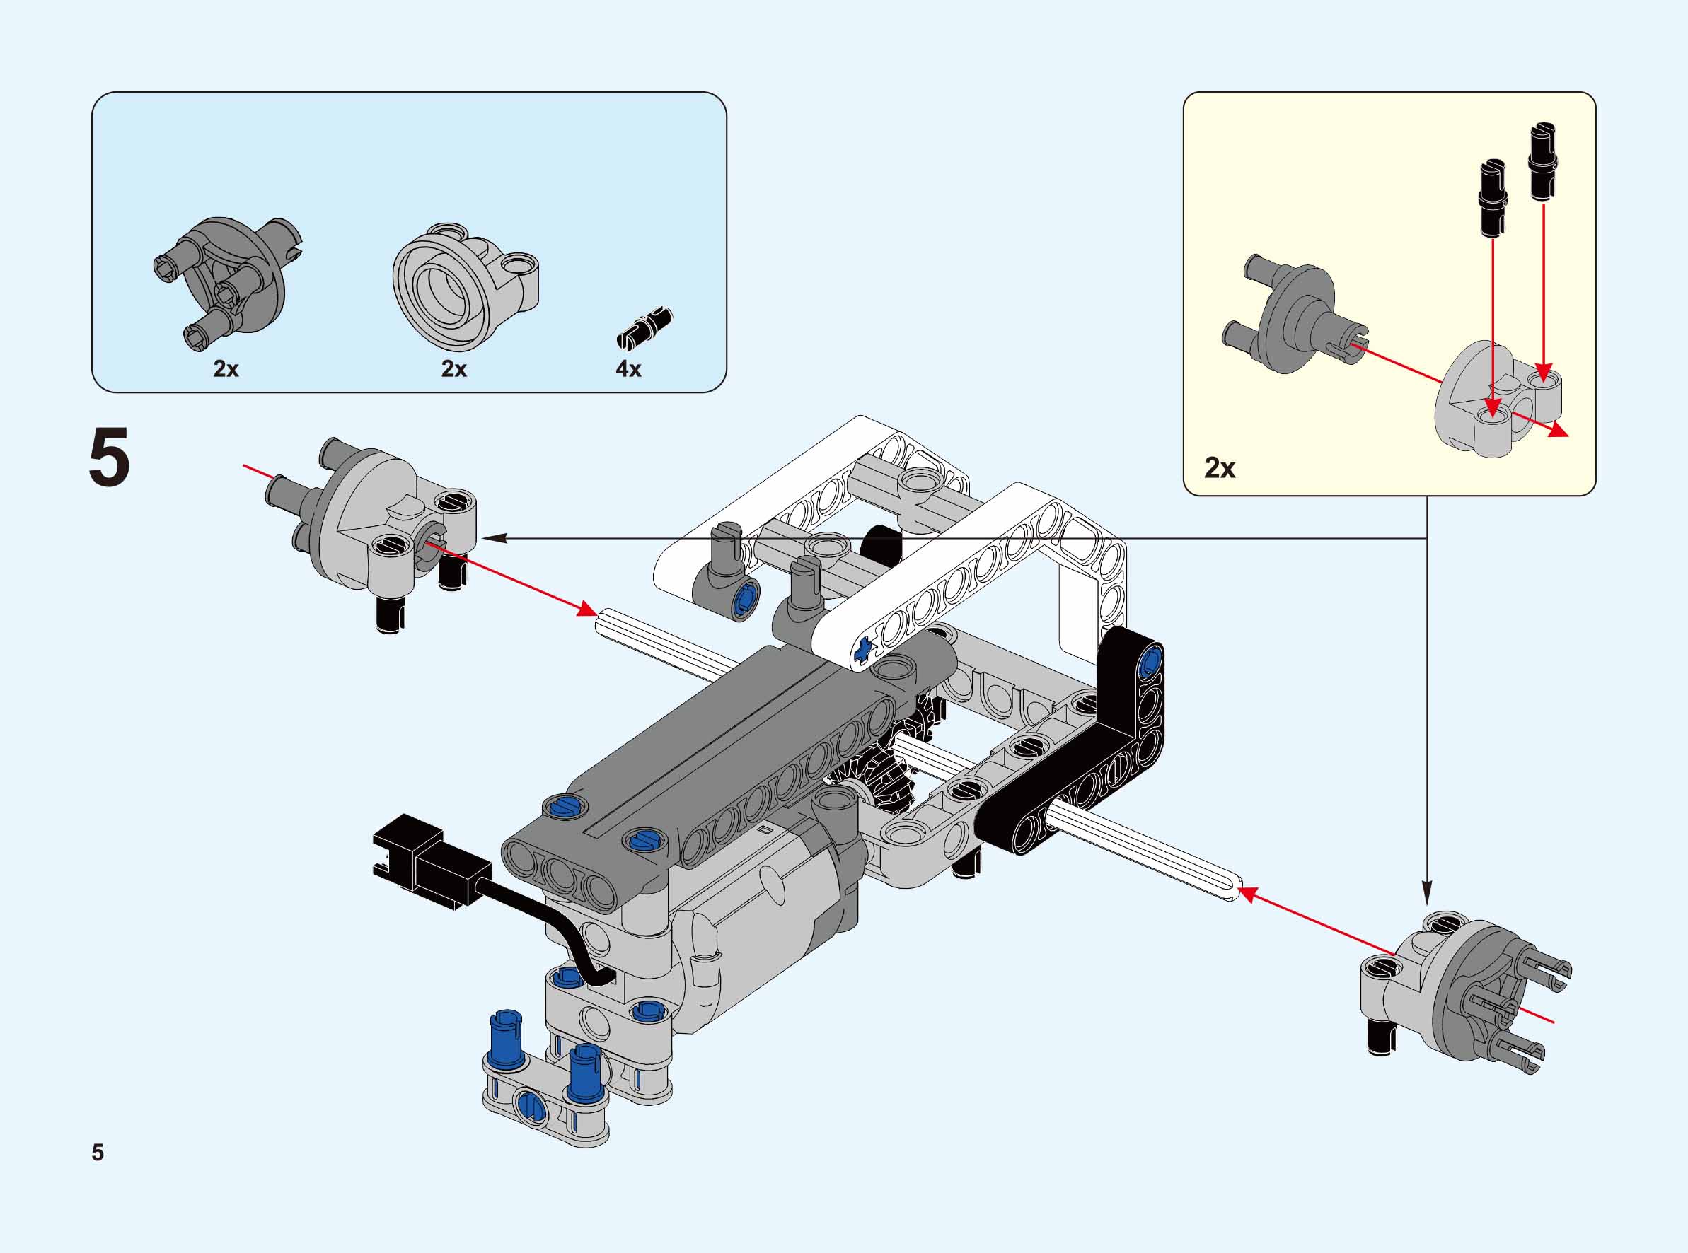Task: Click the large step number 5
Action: click(109, 458)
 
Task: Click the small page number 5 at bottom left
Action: click(98, 1152)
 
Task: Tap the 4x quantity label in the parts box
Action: click(628, 368)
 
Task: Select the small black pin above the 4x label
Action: click(646, 326)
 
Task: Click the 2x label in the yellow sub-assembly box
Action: click(1219, 468)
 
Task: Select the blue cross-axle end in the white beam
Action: click(862, 650)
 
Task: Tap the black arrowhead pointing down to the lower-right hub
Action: click(1427, 894)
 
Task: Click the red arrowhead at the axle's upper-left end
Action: click(586, 609)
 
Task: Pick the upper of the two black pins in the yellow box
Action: click(1542, 161)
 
